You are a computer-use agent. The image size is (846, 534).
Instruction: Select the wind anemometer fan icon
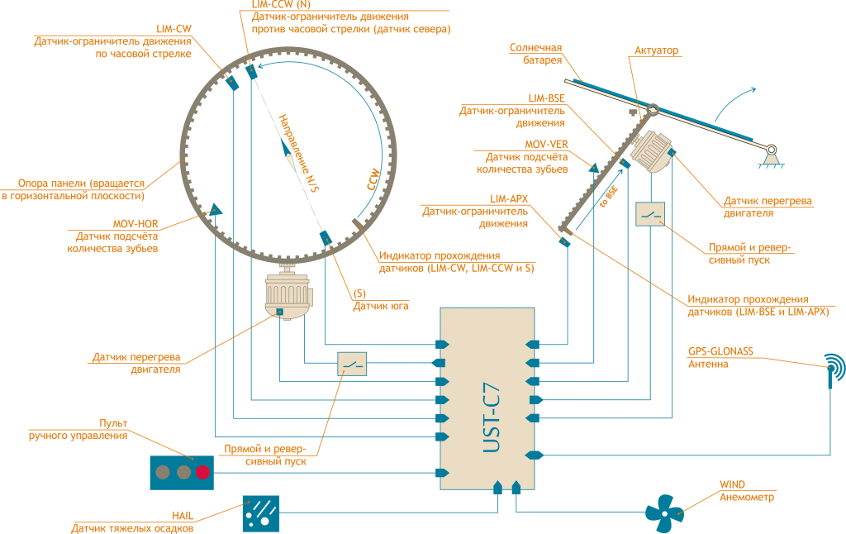coord(664,513)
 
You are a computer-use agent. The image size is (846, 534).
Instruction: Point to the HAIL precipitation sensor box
coord(260,513)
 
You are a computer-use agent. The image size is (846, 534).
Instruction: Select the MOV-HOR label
coord(135,223)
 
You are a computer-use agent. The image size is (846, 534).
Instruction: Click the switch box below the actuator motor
coord(650,213)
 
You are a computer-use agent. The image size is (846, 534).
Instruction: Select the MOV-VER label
coord(547,145)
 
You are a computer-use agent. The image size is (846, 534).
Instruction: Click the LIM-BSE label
coord(547,98)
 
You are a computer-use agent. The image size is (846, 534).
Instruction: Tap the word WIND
coord(731,485)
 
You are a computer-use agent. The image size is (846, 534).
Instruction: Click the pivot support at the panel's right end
coord(770,153)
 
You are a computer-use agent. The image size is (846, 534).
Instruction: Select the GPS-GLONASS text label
coord(720,351)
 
